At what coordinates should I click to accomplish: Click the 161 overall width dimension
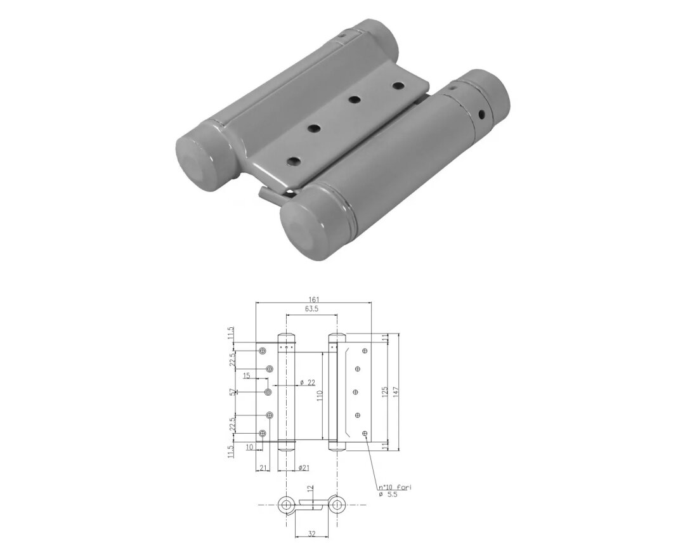click(314, 299)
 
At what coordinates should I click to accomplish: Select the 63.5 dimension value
click(311, 309)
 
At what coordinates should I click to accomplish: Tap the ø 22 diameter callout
click(308, 382)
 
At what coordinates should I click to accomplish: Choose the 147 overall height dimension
click(396, 391)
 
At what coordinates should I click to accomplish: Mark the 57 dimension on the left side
click(232, 392)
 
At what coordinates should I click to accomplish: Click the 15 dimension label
click(246, 375)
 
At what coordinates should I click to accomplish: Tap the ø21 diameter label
click(304, 467)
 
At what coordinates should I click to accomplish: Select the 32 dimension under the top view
click(312, 533)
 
